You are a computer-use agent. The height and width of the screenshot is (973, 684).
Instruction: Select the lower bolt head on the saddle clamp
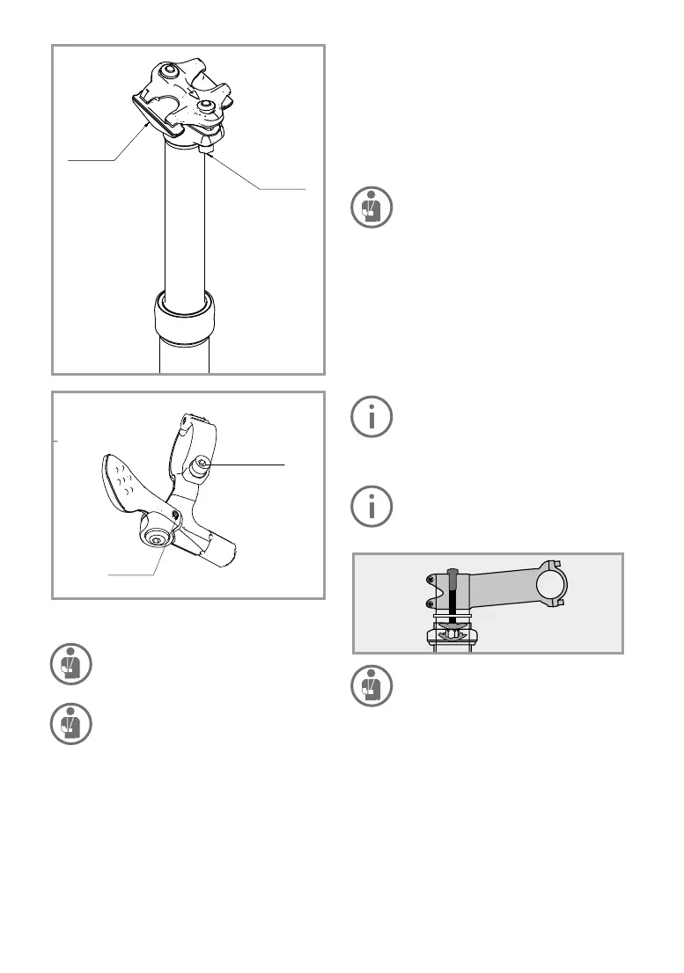coord(207,106)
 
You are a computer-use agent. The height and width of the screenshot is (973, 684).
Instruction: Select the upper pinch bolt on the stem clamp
coord(430,579)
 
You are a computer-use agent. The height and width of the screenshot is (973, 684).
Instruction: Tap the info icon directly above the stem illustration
coord(371,506)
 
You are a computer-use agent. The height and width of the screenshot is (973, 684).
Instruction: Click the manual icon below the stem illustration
coord(371,686)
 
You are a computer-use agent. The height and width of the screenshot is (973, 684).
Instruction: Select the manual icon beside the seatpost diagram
coord(371,208)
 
